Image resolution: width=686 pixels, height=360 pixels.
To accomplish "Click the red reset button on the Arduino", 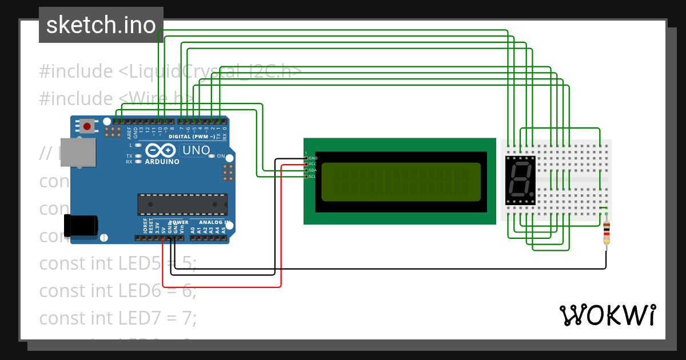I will coord(86,126).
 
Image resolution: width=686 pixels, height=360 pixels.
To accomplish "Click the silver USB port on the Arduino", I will coord(78,153).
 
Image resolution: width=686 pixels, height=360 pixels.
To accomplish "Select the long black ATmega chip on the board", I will coord(182,205).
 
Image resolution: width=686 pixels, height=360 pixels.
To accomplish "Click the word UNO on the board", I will coord(194,150).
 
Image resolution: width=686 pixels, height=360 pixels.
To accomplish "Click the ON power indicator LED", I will coord(211,156).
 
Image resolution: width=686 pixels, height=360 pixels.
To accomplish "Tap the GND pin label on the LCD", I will coord(313,158).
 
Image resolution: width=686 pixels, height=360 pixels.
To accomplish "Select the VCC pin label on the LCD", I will coord(313,164).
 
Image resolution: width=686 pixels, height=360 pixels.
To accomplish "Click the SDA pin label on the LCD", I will coord(313,170).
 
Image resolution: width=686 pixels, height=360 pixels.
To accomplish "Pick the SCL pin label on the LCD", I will coord(313,177).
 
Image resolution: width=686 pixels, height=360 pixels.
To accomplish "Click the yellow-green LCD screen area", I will coord(401,182).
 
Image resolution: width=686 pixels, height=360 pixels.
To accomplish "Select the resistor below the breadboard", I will coord(606,231).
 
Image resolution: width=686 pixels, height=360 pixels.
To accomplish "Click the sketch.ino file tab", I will coord(101,25).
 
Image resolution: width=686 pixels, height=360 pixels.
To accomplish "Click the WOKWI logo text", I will coord(607,315).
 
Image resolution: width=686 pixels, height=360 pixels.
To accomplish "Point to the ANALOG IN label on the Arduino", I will coord(214,222).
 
